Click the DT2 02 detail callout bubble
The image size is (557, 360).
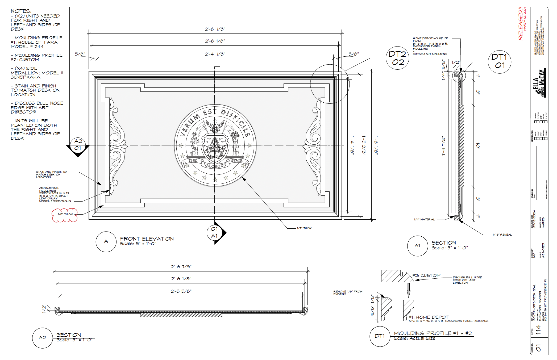[x=397, y=58]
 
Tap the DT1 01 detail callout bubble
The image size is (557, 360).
[x=500, y=61]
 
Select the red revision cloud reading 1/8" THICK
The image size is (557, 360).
[x=65, y=215]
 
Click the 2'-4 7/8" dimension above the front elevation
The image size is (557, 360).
[x=215, y=54]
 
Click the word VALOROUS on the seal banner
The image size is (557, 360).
[x=215, y=166]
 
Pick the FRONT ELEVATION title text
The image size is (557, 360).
[x=147, y=238]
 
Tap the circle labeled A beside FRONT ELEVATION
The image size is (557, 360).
[x=106, y=241]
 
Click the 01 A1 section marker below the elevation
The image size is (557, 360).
[x=215, y=232]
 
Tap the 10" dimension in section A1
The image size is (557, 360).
[x=478, y=145]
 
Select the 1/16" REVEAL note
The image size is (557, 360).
[x=502, y=235]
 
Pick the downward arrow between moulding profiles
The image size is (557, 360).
[x=409, y=290]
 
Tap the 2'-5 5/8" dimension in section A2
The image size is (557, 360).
[x=181, y=291]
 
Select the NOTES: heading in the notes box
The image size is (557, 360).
[x=21, y=11]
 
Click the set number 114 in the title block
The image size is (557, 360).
[x=538, y=330]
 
